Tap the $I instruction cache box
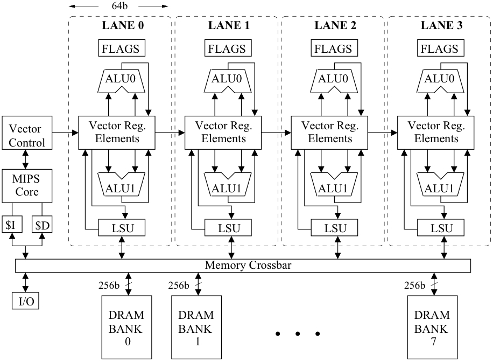pos(11,225)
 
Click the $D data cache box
pos(42,225)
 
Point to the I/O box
pos(26,301)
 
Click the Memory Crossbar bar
pos(243,266)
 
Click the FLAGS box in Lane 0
pos(120,48)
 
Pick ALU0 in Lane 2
pos(333,79)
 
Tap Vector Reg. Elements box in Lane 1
pos(224,133)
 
